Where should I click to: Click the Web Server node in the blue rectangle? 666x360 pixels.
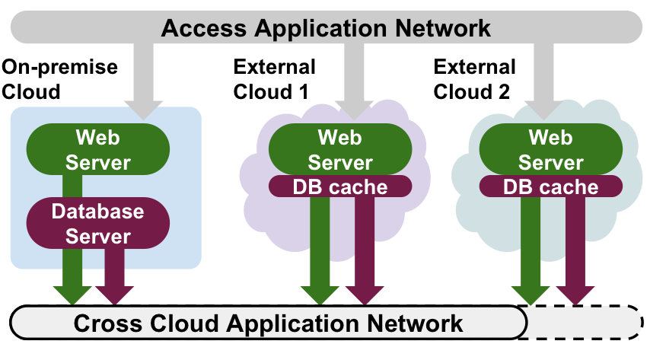point(97,150)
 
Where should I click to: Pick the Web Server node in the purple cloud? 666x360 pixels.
point(340,150)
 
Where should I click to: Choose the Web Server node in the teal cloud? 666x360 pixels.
point(550,150)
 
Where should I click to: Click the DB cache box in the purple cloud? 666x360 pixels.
point(340,186)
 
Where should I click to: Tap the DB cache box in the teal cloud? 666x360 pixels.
point(550,186)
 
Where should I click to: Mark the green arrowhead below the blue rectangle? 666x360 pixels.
point(73,293)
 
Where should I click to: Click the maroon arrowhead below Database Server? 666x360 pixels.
point(115,293)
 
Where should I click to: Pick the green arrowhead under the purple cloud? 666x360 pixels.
point(320,293)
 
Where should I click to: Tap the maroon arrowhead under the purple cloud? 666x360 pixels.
point(365,293)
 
